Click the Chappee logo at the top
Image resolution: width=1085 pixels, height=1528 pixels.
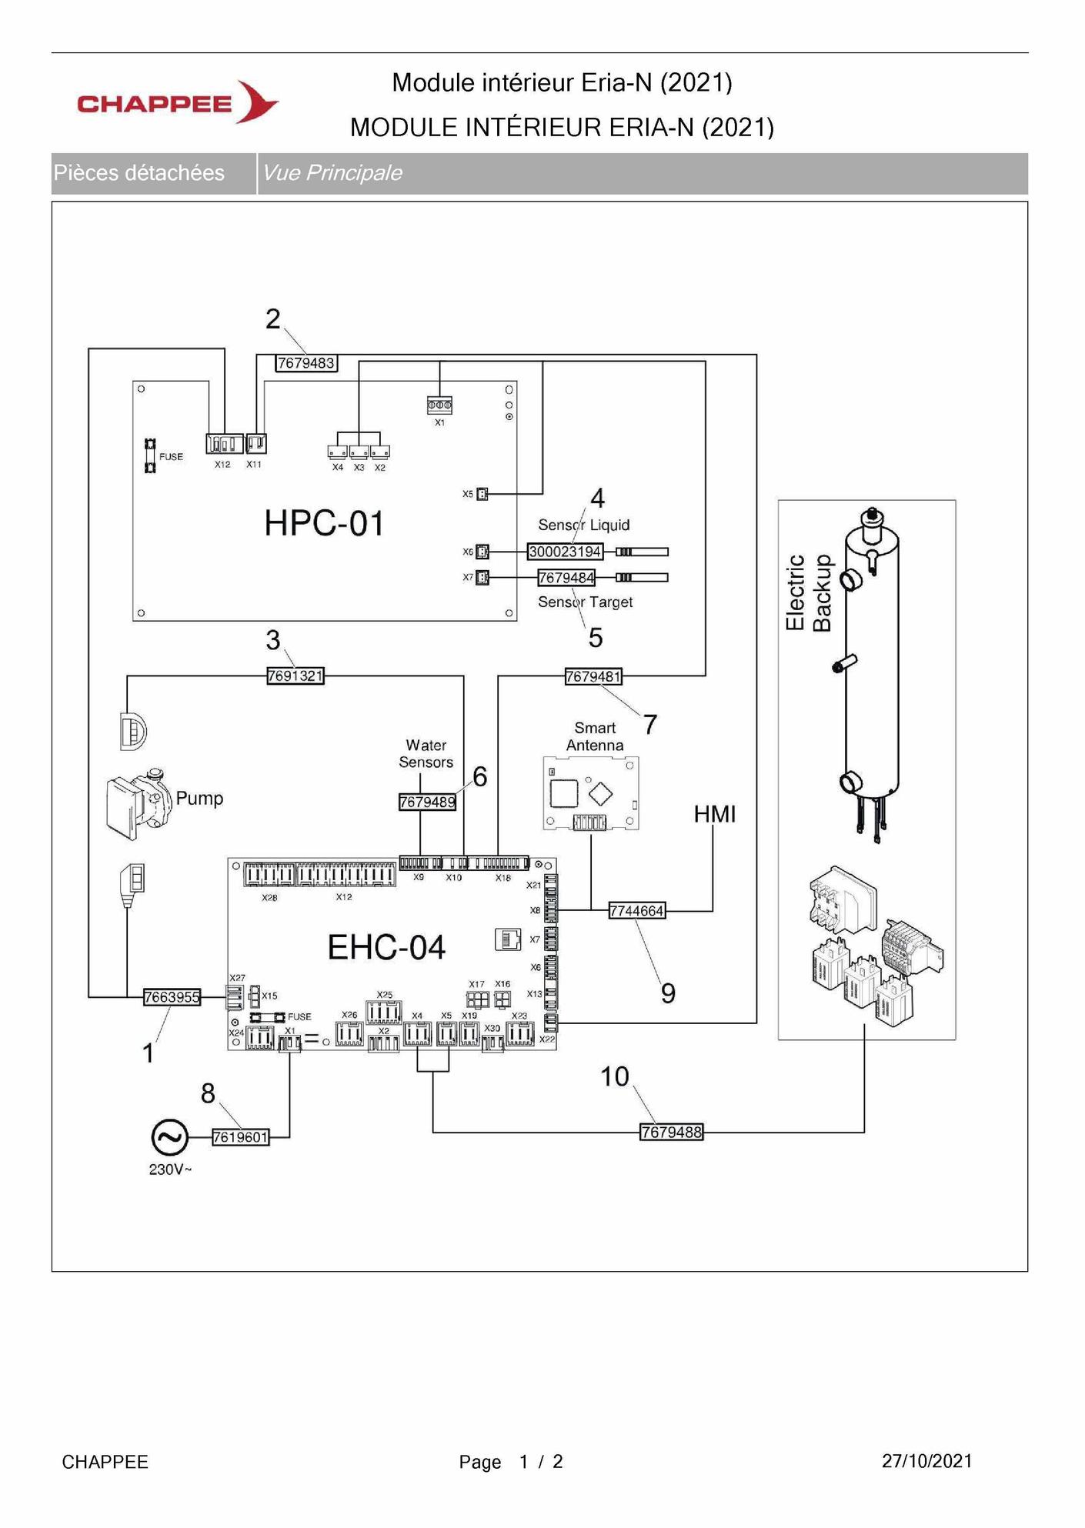(x=178, y=102)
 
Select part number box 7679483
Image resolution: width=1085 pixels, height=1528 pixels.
(x=306, y=363)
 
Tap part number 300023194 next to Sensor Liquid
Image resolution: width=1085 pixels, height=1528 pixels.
(x=565, y=552)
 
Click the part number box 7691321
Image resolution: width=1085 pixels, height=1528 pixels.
(x=295, y=676)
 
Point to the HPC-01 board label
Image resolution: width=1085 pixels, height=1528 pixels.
(x=324, y=523)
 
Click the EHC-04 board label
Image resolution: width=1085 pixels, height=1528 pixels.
(x=386, y=947)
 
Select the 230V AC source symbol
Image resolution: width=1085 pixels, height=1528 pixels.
(x=169, y=1137)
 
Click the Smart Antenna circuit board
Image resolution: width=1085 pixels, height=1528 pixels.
(x=591, y=793)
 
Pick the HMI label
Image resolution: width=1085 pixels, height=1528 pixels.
(x=715, y=814)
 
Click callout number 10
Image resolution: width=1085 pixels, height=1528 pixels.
(x=615, y=1076)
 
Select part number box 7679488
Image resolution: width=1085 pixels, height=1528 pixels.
(x=672, y=1133)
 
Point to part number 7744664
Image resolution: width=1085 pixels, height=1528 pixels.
(x=636, y=911)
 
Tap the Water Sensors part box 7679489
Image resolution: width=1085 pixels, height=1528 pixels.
(x=427, y=802)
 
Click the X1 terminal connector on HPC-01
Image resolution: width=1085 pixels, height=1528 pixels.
(x=439, y=405)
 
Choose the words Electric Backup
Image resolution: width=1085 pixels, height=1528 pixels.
(x=809, y=592)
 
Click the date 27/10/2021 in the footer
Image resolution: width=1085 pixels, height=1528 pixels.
(x=927, y=1461)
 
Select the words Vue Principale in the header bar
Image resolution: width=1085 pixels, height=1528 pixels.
(x=332, y=172)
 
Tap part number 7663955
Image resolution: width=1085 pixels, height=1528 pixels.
(x=172, y=997)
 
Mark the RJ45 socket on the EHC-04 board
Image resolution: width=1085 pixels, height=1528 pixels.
(x=507, y=939)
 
